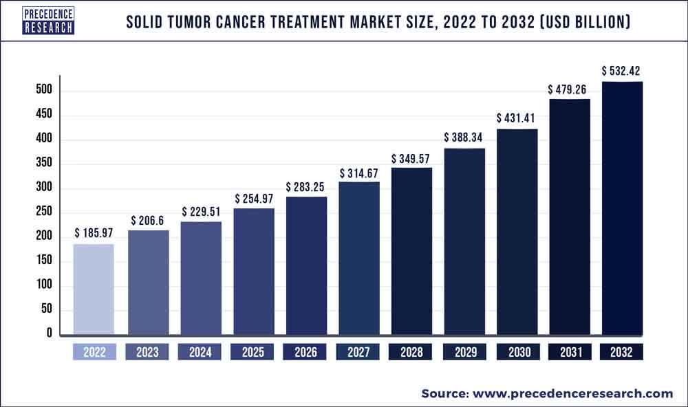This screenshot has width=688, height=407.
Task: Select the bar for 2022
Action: [94, 289]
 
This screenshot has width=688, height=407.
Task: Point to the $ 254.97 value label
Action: [252, 199]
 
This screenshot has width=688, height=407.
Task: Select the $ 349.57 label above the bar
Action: [411, 159]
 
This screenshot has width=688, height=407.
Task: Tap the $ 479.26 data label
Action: [570, 89]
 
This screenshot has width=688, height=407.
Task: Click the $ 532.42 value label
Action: [622, 71]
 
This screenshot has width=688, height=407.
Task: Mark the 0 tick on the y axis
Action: [49, 333]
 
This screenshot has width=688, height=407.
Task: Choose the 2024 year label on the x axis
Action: [200, 352]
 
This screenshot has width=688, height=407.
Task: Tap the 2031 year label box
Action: [570, 352]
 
